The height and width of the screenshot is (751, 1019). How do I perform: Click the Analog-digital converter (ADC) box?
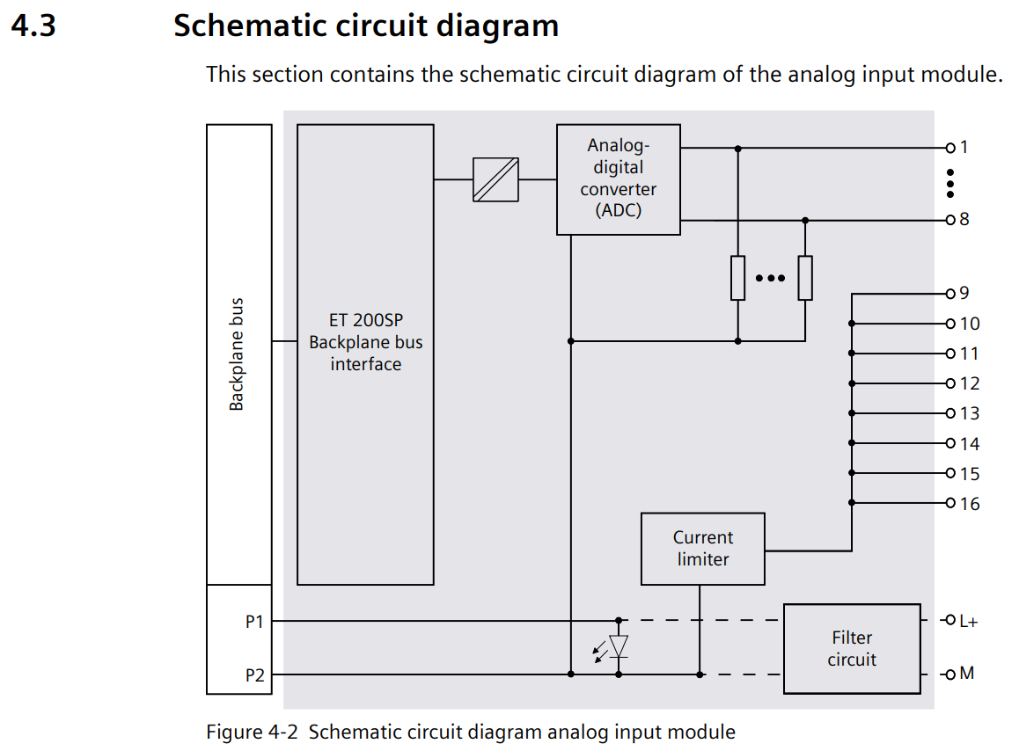tap(618, 179)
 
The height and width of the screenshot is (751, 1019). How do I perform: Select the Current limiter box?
tap(702, 548)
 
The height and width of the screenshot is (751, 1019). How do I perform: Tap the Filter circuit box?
tap(851, 648)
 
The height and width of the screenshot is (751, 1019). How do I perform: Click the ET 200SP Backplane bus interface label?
tap(365, 342)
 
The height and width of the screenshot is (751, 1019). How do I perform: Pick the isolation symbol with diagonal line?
tap(495, 179)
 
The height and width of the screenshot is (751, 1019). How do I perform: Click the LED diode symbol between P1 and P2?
tap(619, 647)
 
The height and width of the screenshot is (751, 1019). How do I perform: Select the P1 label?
tap(254, 621)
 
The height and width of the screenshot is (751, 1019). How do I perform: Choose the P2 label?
tap(254, 675)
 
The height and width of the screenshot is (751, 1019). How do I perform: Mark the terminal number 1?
tap(964, 147)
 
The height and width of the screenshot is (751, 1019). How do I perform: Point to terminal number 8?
tap(964, 219)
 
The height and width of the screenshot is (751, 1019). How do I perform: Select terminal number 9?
tap(964, 293)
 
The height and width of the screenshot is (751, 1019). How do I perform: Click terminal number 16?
tap(969, 504)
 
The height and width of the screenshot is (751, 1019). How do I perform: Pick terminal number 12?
tap(969, 383)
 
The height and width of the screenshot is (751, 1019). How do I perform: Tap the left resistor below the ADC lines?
tap(737, 278)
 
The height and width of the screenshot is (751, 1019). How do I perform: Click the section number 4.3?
tap(33, 26)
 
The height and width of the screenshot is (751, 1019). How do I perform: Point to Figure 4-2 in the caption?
tap(254, 732)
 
